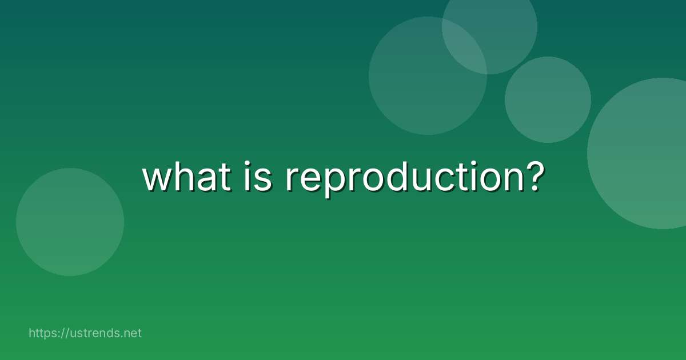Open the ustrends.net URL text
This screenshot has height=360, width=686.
click(x=85, y=333)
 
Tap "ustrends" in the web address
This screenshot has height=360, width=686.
click(x=93, y=333)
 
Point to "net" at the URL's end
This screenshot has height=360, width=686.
click(x=132, y=333)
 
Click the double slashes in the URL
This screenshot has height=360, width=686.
click(x=67, y=333)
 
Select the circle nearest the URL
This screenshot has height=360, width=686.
click(x=70, y=222)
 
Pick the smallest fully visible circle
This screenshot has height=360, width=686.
click(x=548, y=99)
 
